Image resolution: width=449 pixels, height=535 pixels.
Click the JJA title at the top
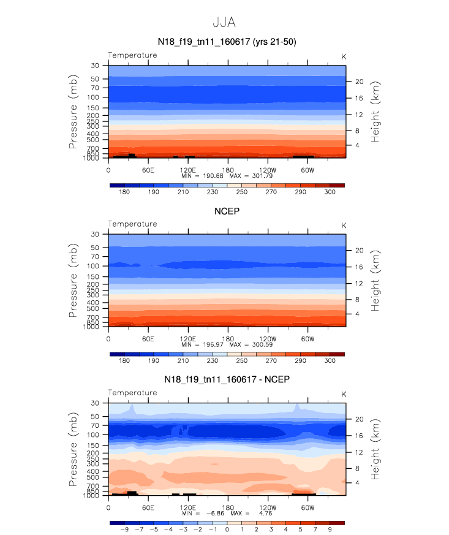pyautogui.click(x=224, y=23)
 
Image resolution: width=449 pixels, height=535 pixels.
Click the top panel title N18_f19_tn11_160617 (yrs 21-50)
pyautogui.click(x=227, y=42)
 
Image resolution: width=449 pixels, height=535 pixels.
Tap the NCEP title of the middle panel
pyautogui.click(x=227, y=211)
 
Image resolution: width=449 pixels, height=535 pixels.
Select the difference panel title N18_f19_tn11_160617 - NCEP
pyautogui.click(x=227, y=379)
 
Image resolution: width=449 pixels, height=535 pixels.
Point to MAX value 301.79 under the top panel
pyautogui.click(x=262, y=176)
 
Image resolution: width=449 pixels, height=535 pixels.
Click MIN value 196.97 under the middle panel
pyautogui.click(x=213, y=344)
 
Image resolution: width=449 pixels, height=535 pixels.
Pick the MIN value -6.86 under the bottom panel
pyautogui.click(x=215, y=514)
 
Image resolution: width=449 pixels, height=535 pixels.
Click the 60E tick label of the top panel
pyautogui.click(x=148, y=170)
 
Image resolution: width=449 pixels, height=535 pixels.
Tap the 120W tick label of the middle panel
pyautogui.click(x=268, y=339)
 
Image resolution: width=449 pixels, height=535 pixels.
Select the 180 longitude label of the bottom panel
pyautogui.click(x=228, y=507)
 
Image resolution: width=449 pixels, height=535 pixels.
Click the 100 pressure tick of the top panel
pyautogui.click(x=92, y=97)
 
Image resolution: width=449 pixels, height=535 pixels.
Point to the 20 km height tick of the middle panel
pyautogui.click(x=360, y=251)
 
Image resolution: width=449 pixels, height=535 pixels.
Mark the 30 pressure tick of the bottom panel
pyautogui.click(x=95, y=403)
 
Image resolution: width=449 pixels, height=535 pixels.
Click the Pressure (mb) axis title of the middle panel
pyautogui.click(x=73, y=281)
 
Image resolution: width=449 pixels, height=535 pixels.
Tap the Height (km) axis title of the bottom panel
pyautogui.click(x=375, y=449)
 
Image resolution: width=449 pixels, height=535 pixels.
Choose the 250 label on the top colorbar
pyautogui.click(x=242, y=192)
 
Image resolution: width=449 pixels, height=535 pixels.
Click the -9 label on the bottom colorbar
pyautogui.click(x=124, y=529)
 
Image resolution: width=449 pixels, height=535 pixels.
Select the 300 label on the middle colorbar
pyautogui.click(x=330, y=360)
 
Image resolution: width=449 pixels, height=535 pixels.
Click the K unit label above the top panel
pyautogui.click(x=344, y=56)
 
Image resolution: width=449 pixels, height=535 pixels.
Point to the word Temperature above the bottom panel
pyautogui.click(x=133, y=393)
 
